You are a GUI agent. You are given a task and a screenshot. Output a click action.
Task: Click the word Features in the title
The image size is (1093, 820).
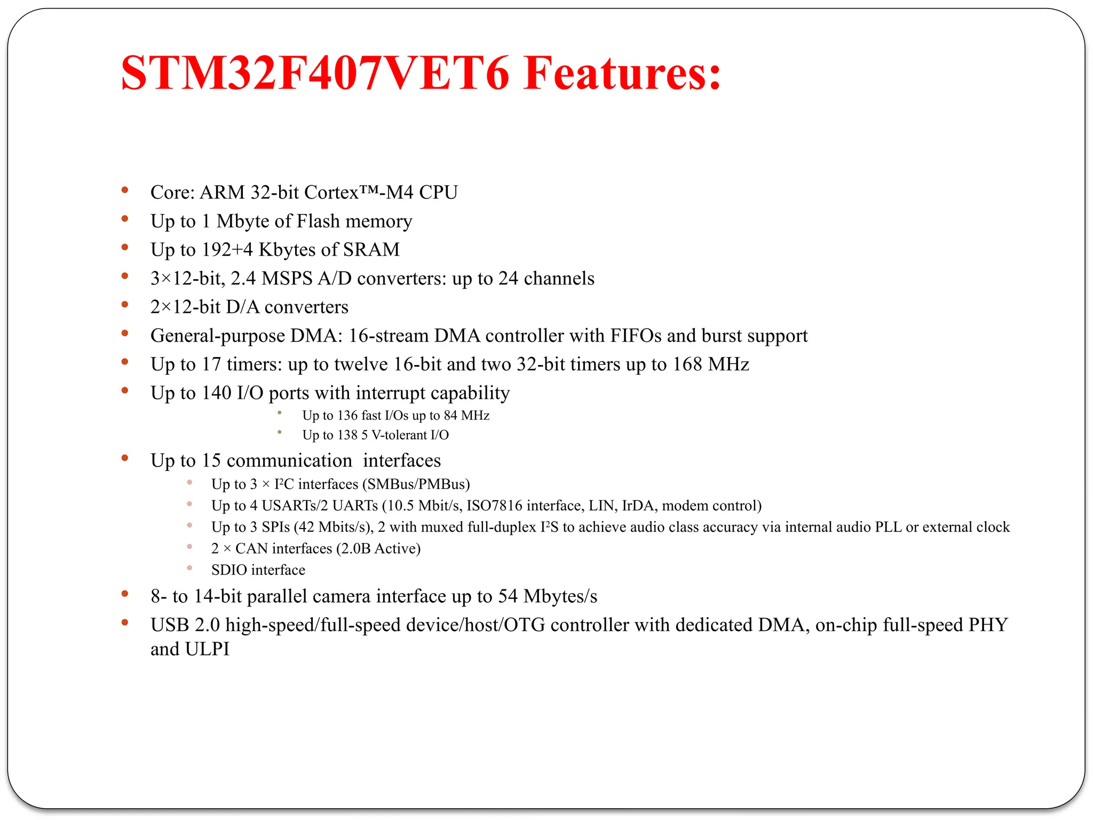pos(622,73)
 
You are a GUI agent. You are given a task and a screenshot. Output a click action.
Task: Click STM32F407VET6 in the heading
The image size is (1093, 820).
pos(315,73)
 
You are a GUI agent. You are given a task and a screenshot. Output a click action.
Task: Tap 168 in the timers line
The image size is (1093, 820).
pos(687,364)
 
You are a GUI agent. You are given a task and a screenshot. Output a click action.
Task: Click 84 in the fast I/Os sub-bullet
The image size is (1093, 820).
pos(450,415)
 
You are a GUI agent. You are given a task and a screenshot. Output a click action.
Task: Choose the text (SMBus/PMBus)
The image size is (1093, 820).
pos(416,484)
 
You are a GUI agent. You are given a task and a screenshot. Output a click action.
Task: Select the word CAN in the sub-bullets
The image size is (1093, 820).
pos(251,549)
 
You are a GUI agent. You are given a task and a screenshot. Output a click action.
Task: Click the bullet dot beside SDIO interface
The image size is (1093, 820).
pos(189,569)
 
